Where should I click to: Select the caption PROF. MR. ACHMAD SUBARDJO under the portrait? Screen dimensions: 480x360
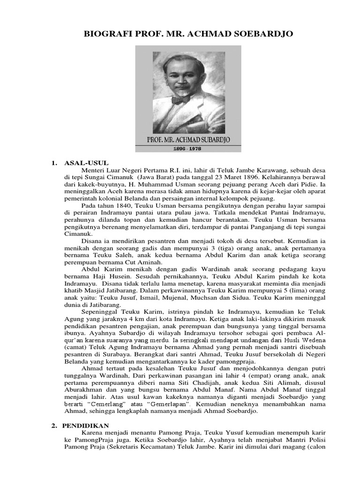(x=188, y=139)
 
